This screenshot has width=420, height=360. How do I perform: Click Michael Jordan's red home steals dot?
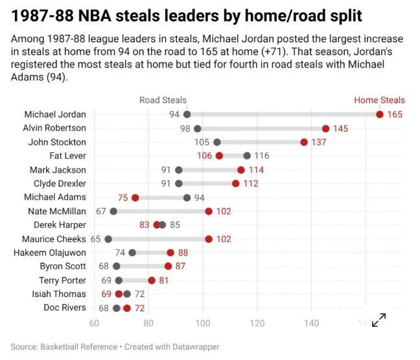click(x=379, y=115)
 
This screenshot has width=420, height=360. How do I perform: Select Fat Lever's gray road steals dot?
click(x=247, y=156)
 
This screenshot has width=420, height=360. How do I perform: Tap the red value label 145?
click(x=340, y=128)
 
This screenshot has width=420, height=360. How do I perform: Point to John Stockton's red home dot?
click(x=304, y=142)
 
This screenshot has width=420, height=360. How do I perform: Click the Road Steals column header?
click(x=163, y=101)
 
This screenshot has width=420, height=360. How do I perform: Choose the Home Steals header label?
click(x=379, y=101)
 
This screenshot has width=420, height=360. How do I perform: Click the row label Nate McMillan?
click(x=57, y=211)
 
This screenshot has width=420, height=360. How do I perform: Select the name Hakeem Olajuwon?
click(x=50, y=252)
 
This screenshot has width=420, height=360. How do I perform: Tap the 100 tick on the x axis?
click(x=203, y=324)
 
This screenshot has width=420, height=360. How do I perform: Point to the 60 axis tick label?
click(x=94, y=324)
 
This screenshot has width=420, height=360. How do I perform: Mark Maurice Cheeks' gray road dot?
click(x=108, y=239)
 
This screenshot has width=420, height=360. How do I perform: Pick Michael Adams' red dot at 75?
click(x=135, y=198)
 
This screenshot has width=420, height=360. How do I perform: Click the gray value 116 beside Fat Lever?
click(x=261, y=156)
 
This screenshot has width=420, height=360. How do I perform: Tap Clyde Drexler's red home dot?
click(x=236, y=184)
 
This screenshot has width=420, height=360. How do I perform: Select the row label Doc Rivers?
click(x=65, y=307)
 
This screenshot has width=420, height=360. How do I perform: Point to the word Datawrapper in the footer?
click(x=192, y=347)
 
